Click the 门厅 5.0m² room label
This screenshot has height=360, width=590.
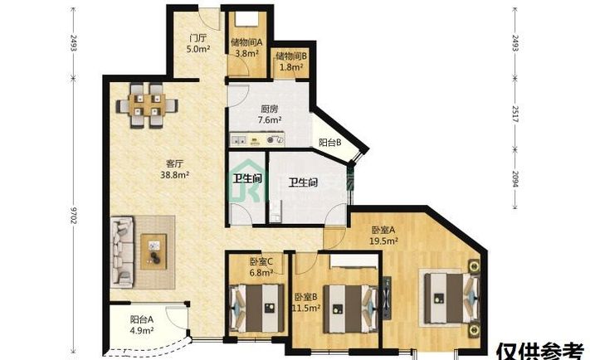coord(198,43)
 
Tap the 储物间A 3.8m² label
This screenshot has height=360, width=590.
coord(246,48)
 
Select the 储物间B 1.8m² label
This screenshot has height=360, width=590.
coord(291,61)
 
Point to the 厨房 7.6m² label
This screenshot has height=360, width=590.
coord(270,114)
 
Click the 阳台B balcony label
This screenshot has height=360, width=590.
coord(329,143)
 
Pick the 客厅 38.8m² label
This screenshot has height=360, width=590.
coord(174,169)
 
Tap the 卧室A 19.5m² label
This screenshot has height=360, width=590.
coord(383,235)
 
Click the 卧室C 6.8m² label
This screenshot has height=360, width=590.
coord(261,266)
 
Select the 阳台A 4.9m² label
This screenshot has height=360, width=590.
coord(141,324)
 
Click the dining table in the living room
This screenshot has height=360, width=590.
coord(147,105)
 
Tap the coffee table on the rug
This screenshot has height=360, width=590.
coord(154,251)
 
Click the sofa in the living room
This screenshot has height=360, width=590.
coord(122,251)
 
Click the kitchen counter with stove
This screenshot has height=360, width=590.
coord(257,139)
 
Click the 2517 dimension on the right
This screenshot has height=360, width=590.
coord(515,114)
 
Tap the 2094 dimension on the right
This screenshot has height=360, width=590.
coord(515,179)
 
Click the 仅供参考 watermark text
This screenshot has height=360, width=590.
coord(540,352)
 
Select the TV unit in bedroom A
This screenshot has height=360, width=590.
coord(387,298)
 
